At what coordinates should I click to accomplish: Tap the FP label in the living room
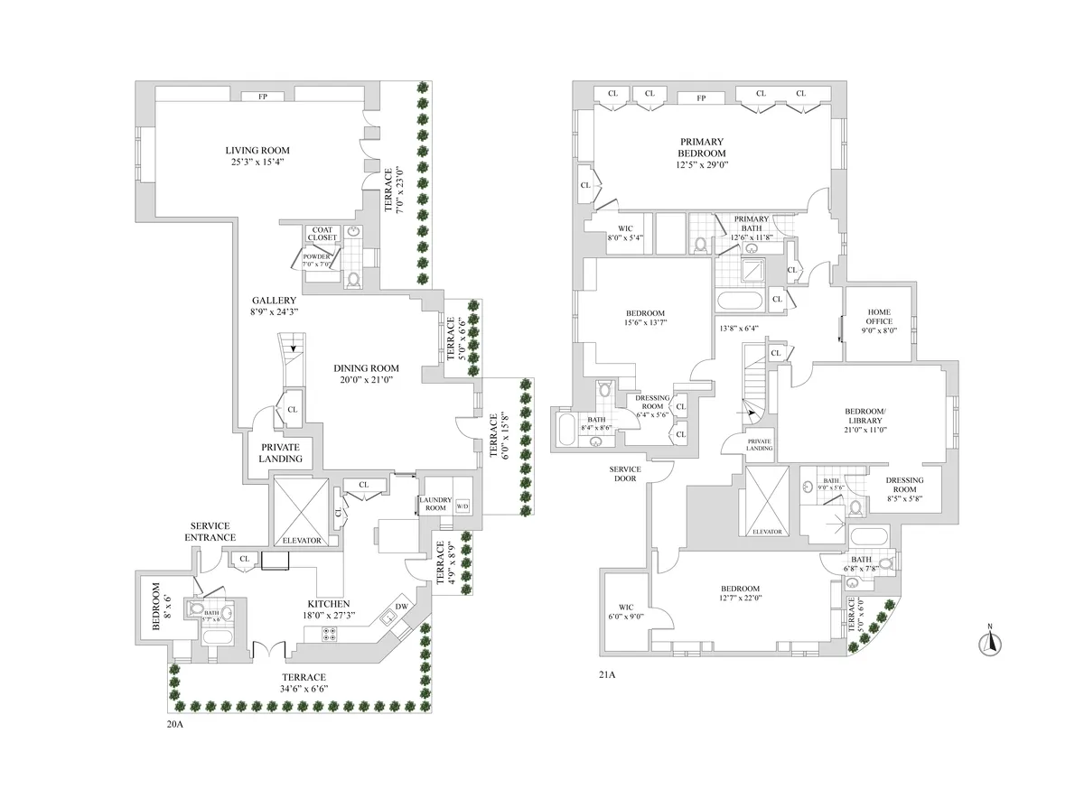coord(263,97)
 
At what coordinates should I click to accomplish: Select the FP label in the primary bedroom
coord(701,97)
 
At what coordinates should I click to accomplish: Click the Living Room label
coord(257,150)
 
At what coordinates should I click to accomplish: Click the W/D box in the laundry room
coord(463,506)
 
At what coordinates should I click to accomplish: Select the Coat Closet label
coord(322,234)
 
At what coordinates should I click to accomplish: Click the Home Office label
coord(879,317)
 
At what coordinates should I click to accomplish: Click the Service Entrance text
coord(210,532)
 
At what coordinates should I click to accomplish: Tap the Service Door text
coord(625,473)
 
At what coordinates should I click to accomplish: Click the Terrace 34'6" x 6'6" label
coord(303,689)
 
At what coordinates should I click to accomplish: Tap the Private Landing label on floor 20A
coord(281,453)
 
